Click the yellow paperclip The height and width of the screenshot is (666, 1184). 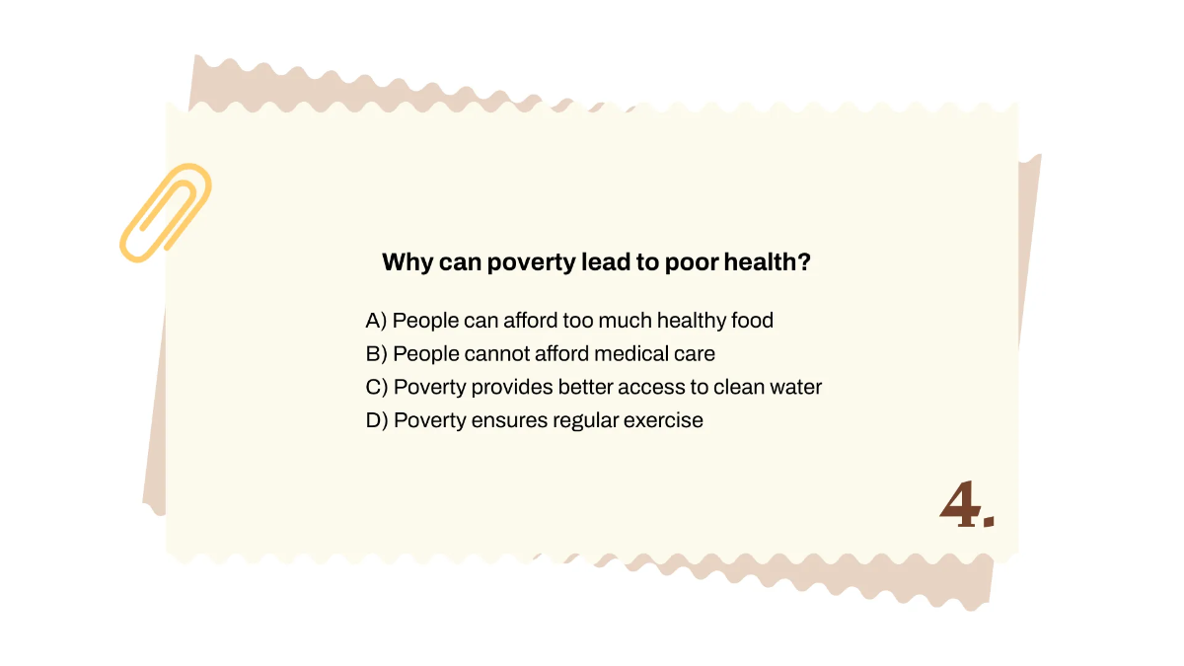pos(165,213)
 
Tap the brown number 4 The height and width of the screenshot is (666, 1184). pos(958,506)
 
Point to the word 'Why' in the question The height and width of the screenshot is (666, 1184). pos(403,262)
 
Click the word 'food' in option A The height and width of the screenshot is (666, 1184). pos(752,321)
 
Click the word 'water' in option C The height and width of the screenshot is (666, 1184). pos(794,387)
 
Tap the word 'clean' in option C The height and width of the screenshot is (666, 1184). pos(735,387)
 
